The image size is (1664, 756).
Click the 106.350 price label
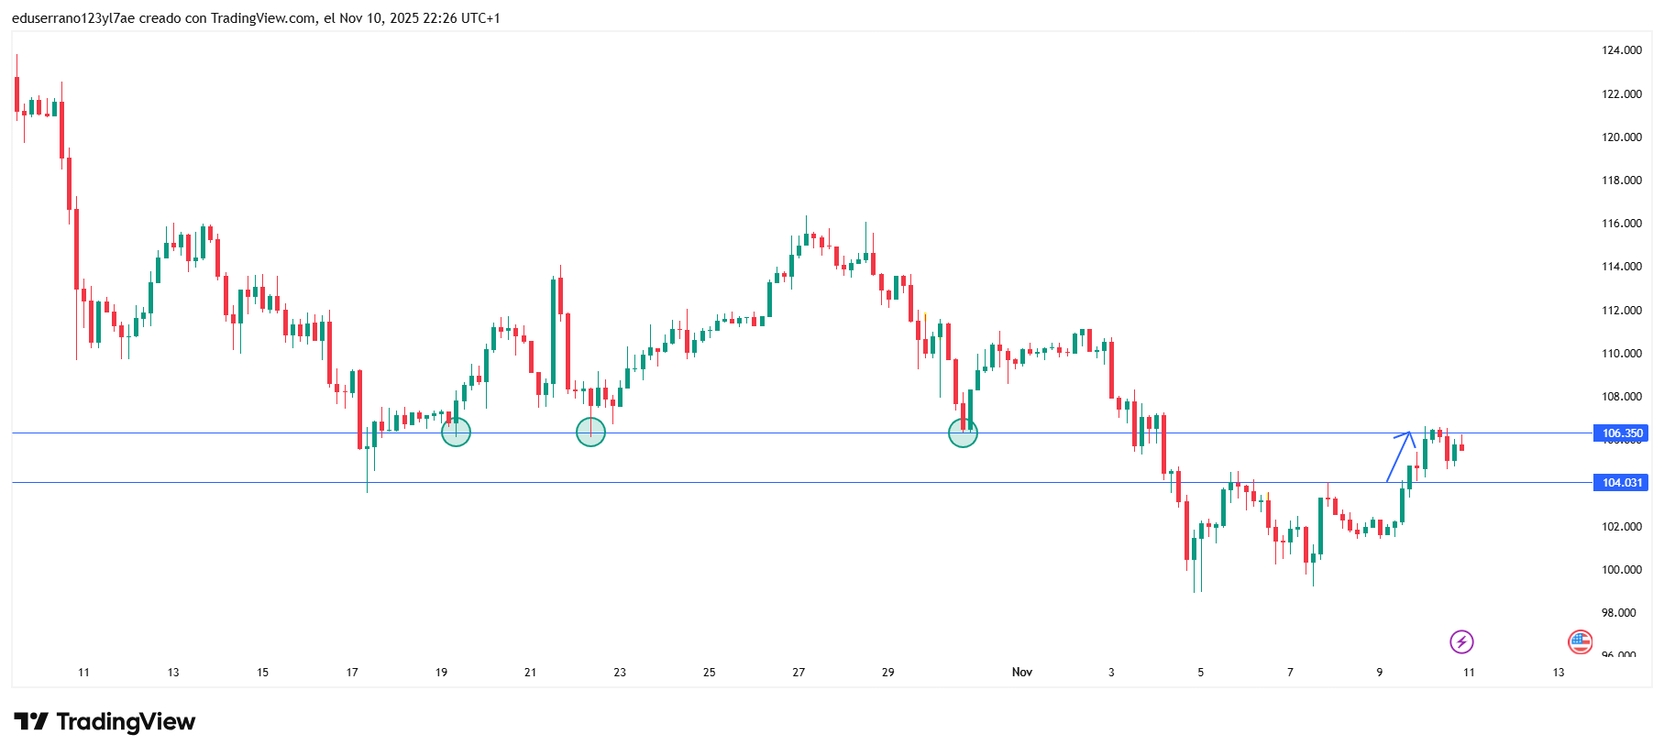1621,433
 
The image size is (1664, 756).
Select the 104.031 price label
1621,483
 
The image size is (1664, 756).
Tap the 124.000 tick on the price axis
1621,50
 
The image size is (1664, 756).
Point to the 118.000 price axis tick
1621,181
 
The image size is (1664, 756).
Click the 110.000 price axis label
1621,354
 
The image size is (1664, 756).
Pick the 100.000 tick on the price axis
1621,570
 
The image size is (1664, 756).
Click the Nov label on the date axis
1021,673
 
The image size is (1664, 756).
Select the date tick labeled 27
799,673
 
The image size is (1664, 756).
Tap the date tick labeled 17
352,673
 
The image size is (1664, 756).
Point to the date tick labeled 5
1200,673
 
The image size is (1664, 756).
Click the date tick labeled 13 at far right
1558,673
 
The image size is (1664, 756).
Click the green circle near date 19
456,433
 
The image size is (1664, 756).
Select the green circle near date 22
590,433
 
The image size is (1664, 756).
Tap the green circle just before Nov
963,433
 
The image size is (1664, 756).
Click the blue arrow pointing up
1400,455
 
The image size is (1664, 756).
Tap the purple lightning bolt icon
1461,641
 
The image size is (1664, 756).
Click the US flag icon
1580,641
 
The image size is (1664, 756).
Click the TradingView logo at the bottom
105,722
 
